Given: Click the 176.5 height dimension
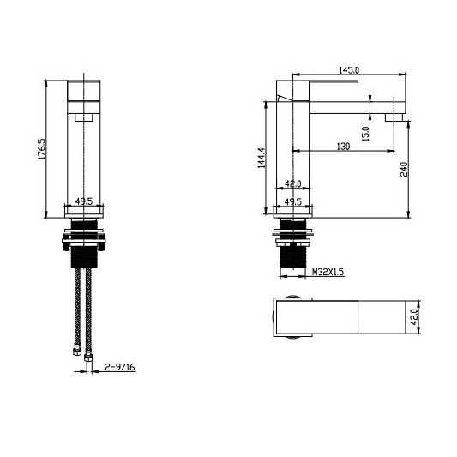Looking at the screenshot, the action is tap(42, 148).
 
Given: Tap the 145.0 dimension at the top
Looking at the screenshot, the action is tap(349, 70).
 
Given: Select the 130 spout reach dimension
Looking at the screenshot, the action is tap(343, 147).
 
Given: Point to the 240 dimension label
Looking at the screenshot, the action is tap(404, 169).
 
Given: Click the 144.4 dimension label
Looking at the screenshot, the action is tap(262, 158).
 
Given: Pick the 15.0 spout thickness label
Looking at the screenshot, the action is tap(366, 134).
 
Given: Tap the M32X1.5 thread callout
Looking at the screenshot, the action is tap(328, 272).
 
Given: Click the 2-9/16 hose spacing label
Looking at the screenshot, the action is tap(120, 367).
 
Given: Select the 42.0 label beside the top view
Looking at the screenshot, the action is tap(414, 317).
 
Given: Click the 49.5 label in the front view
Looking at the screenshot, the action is tap(84, 201).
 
